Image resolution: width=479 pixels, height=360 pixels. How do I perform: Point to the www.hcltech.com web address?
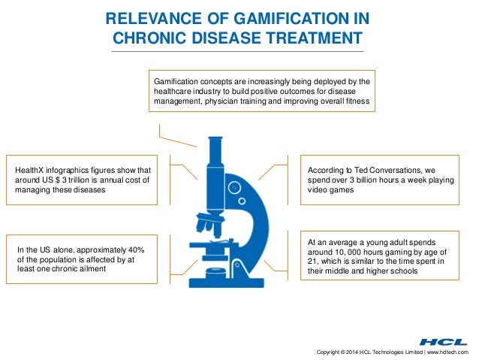(x=447, y=352)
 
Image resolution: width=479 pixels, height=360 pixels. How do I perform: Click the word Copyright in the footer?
(x=333, y=352)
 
